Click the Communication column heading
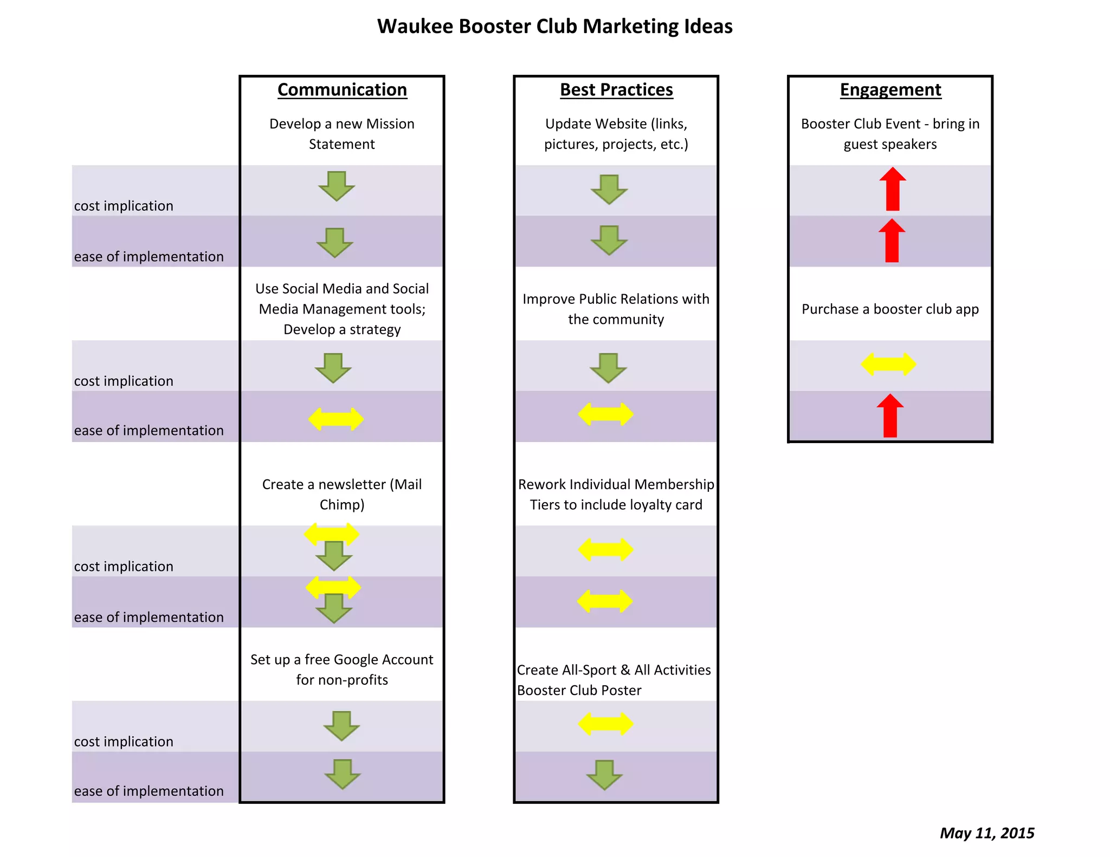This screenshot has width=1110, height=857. pos(342,90)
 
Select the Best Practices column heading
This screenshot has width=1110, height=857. pos(616,90)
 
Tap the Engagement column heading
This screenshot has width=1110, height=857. pos(890,90)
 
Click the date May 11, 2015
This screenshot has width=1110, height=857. pos(986,833)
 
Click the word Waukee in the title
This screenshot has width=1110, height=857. pos(415,27)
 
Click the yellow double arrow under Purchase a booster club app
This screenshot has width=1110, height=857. pos(889,364)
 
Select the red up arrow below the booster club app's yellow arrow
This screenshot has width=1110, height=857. pos(890,415)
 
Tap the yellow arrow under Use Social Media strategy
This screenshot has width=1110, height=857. pos(336,419)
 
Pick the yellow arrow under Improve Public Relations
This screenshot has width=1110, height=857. pos(605,414)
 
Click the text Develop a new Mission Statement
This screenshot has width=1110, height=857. pos(342,134)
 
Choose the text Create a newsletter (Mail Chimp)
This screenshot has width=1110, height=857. pos(342,494)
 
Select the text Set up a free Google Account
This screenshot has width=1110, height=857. pos(342,669)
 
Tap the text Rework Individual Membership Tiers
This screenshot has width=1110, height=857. pos(616,494)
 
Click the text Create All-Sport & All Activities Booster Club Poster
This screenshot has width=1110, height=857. pos(614,680)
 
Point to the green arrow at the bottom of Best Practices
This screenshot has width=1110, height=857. pos(604,775)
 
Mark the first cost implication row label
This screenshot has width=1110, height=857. pos(124,206)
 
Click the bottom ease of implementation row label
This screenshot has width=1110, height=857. pos(149,791)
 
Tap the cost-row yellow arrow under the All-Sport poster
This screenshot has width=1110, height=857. pos(605,724)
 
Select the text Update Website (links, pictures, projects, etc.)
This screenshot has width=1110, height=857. pos(616,134)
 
